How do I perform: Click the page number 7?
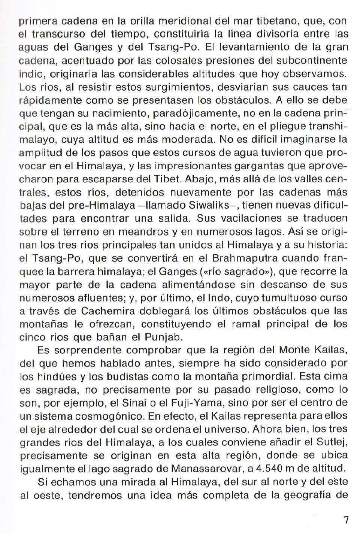coord(346,520)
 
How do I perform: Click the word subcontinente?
coord(313,60)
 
